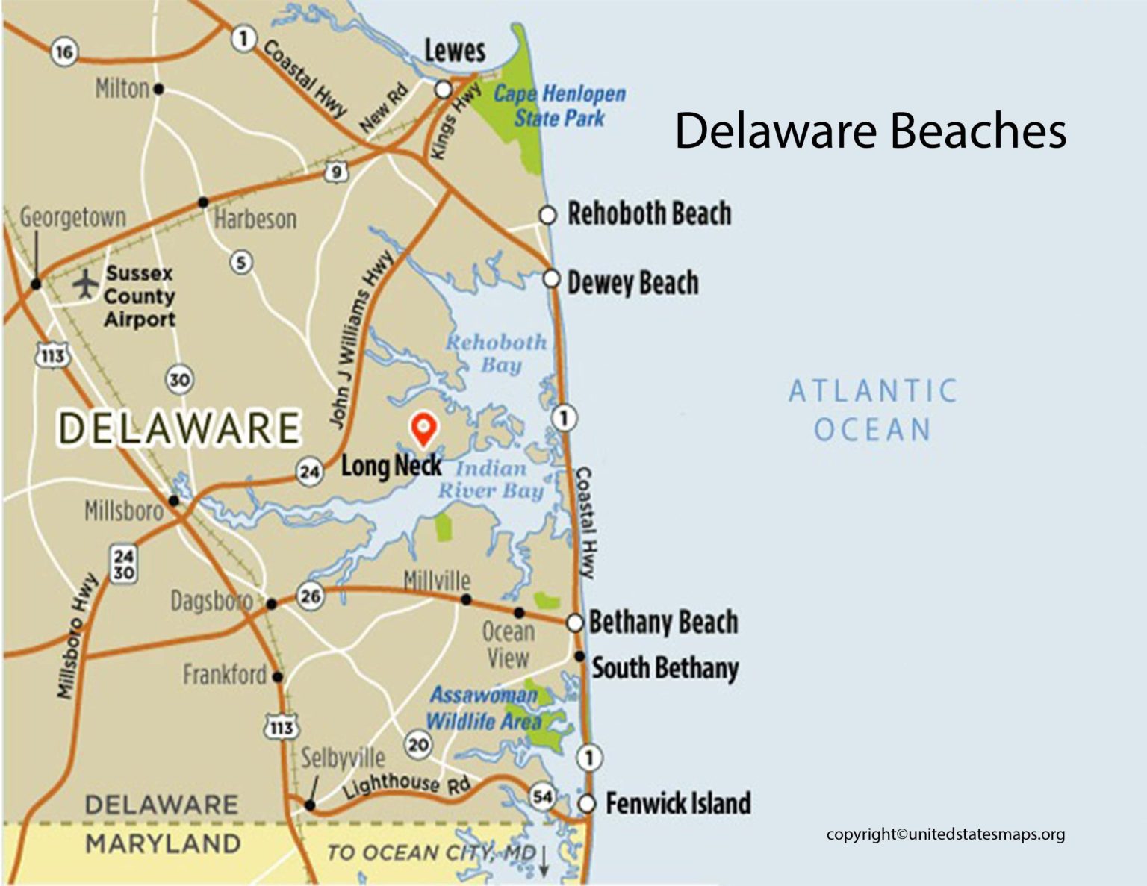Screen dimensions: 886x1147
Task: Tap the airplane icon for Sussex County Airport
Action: tap(87, 284)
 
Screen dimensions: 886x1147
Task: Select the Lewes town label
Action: tap(455, 51)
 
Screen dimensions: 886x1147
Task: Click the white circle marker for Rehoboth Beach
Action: tap(547, 215)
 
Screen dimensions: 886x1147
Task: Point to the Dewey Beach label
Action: tap(632, 283)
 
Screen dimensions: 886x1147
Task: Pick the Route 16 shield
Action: tap(64, 52)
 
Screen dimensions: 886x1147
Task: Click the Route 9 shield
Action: tap(336, 172)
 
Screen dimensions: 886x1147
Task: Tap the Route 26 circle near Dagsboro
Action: tap(310, 595)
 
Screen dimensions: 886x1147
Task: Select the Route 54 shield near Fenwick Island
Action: tap(542, 796)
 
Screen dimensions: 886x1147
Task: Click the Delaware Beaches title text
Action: tap(870, 131)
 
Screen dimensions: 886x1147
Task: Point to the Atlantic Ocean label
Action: tap(873, 410)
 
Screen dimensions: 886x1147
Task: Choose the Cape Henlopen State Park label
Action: tap(559, 105)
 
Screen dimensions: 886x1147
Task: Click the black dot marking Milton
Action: tap(158, 89)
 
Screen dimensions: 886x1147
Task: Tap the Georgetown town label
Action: tap(72, 217)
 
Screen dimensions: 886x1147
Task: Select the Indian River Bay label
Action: tap(491, 479)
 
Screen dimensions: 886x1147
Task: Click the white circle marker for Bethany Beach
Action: tap(574, 622)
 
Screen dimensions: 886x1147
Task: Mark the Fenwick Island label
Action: tap(677, 803)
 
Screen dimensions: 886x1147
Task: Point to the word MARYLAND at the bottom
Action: tap(163, 843)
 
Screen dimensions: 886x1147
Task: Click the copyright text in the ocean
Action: tap(945, 834)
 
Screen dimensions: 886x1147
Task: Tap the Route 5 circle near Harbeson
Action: tap(240, 262)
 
